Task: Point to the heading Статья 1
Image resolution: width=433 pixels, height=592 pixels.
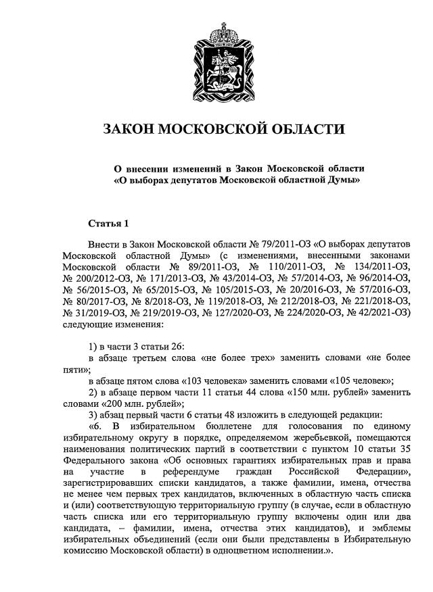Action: (108, 223)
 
